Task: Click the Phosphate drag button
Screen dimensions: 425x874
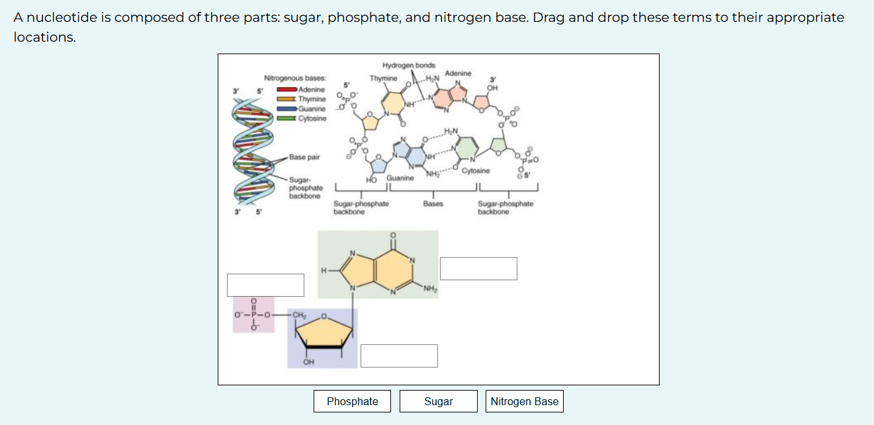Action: click(x=352, y=401)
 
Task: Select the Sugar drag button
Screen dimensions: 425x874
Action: click(x=439, y=401)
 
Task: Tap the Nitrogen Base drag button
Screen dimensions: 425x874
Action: click(x=525, y=401)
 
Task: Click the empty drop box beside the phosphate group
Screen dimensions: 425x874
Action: click(x=265, y=285)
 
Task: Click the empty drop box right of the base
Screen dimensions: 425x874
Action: click(x=478, y=268)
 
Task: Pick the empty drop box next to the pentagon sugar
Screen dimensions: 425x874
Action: click(x=399, y=356)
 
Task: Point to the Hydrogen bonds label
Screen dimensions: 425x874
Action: click(x=409, y=65)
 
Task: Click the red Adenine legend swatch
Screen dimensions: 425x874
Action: click(x=286, y=89)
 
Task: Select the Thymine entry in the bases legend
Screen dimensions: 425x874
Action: click(x=312, y=99)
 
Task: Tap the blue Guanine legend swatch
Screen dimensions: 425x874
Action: click(x=286, y=108)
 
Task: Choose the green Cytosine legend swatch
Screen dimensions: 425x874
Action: click(x=286, y=118)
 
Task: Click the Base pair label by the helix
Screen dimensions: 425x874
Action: click(x=304, y=157)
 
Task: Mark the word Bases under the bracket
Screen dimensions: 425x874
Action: click(x=433, y=204)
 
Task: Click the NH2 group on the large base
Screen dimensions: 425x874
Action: click(x=430, y=288)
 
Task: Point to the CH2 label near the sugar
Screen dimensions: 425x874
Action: click(x=299, y=315)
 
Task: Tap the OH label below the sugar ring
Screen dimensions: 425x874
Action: click(x=308, y=362)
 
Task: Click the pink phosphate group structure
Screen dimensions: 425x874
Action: click(x=253, y=315)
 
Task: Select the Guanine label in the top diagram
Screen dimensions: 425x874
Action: click(x=400, y=178)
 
